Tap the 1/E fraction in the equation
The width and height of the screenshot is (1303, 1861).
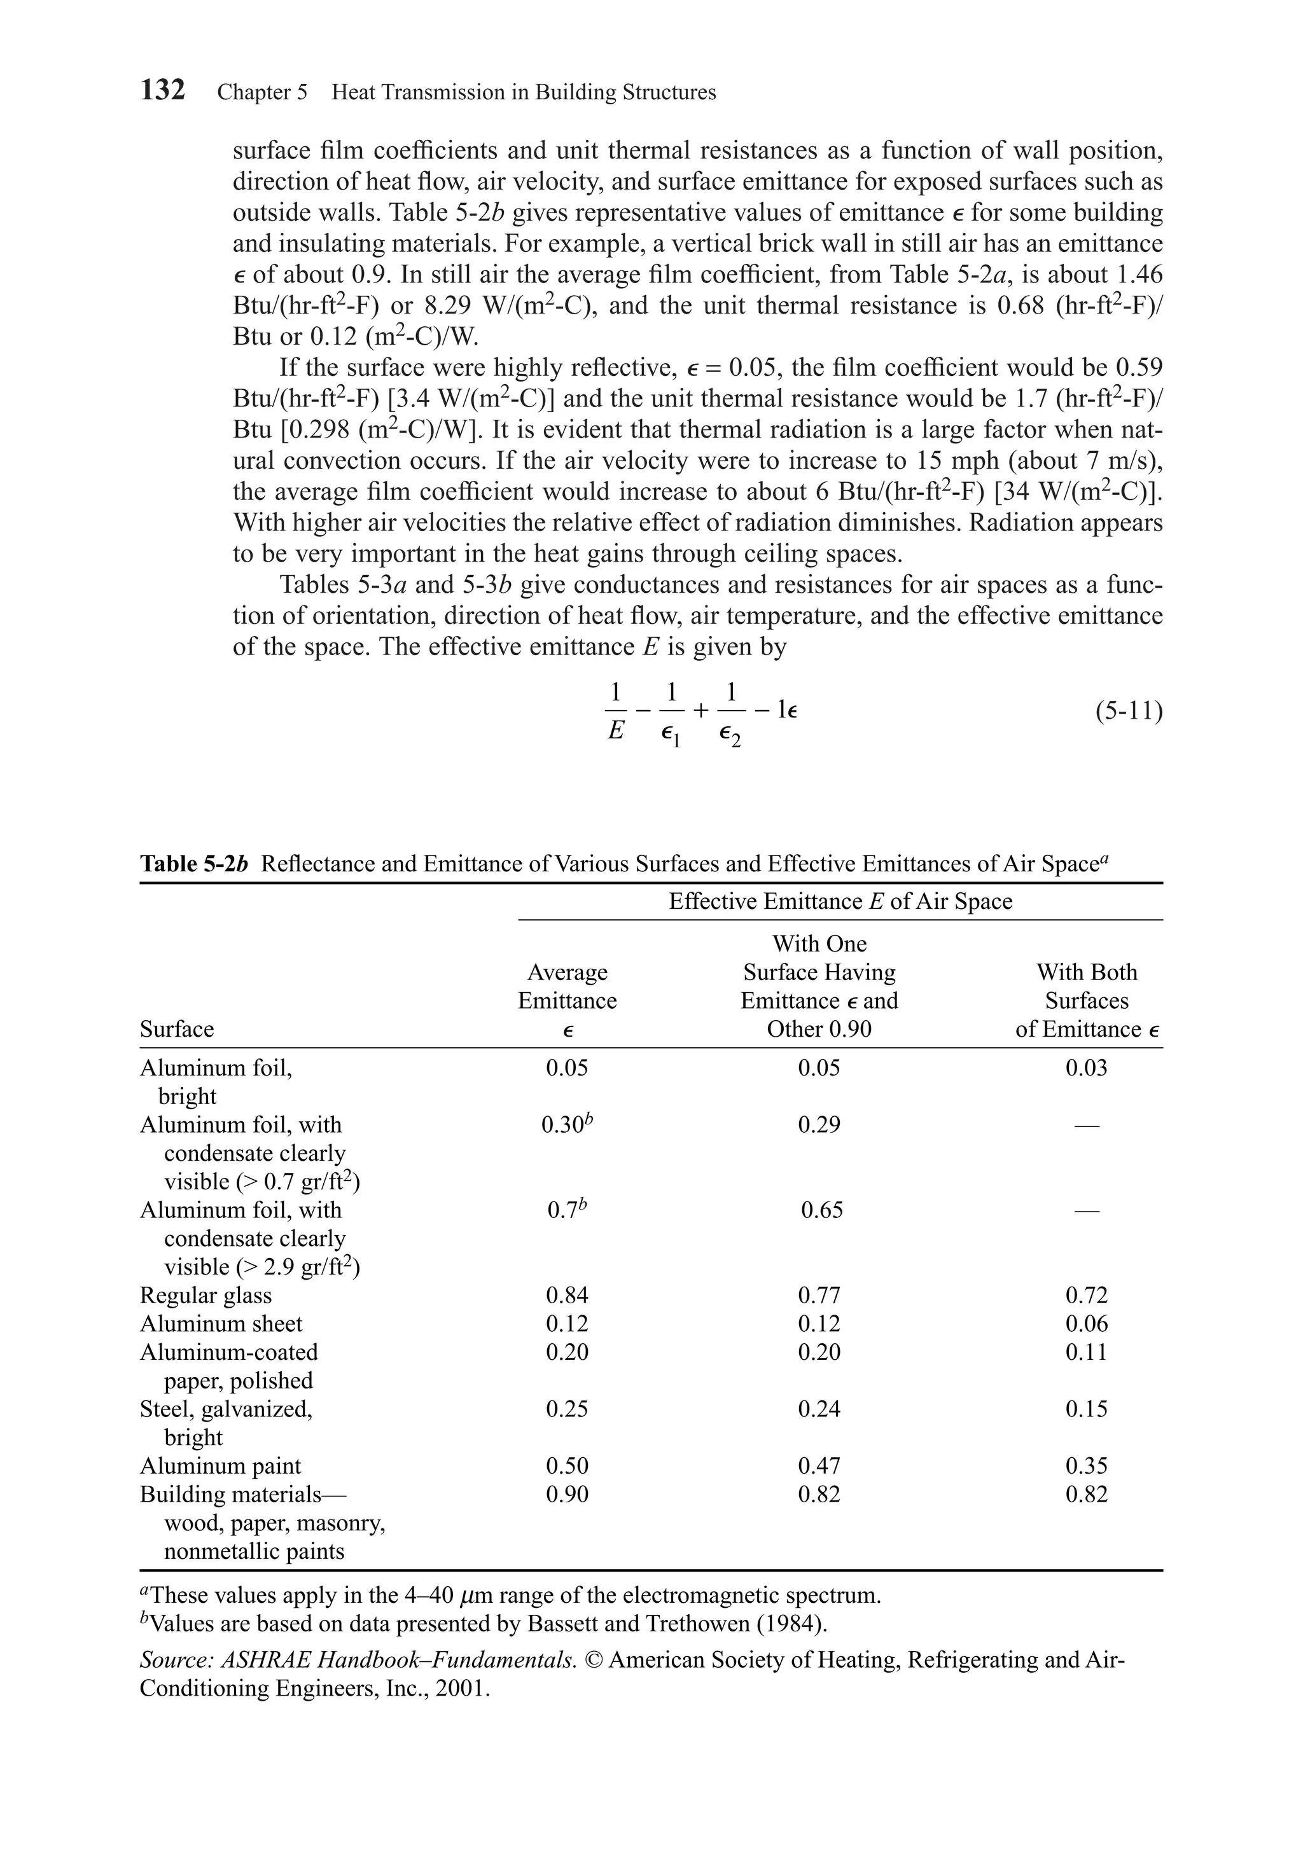(x=615, y=712)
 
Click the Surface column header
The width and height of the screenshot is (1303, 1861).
(x=177, y=1029)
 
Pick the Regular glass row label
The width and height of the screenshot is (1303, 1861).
(x=206, y=1295)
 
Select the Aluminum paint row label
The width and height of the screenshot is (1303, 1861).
(x=219, y=1465)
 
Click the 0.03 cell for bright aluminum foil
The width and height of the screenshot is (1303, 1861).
(x=1085, y=1069)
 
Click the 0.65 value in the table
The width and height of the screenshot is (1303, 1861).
(x=821, y=1210)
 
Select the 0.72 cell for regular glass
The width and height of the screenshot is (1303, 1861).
(x=1085, y=1295)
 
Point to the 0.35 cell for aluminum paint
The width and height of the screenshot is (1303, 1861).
(x=1085, y=1465)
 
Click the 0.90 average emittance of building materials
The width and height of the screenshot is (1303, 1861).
(x=567, y=1494)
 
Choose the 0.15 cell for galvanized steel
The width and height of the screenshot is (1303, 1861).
(x=1085, y=1409)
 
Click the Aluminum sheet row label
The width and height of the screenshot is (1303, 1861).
(x=221, y=1324)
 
